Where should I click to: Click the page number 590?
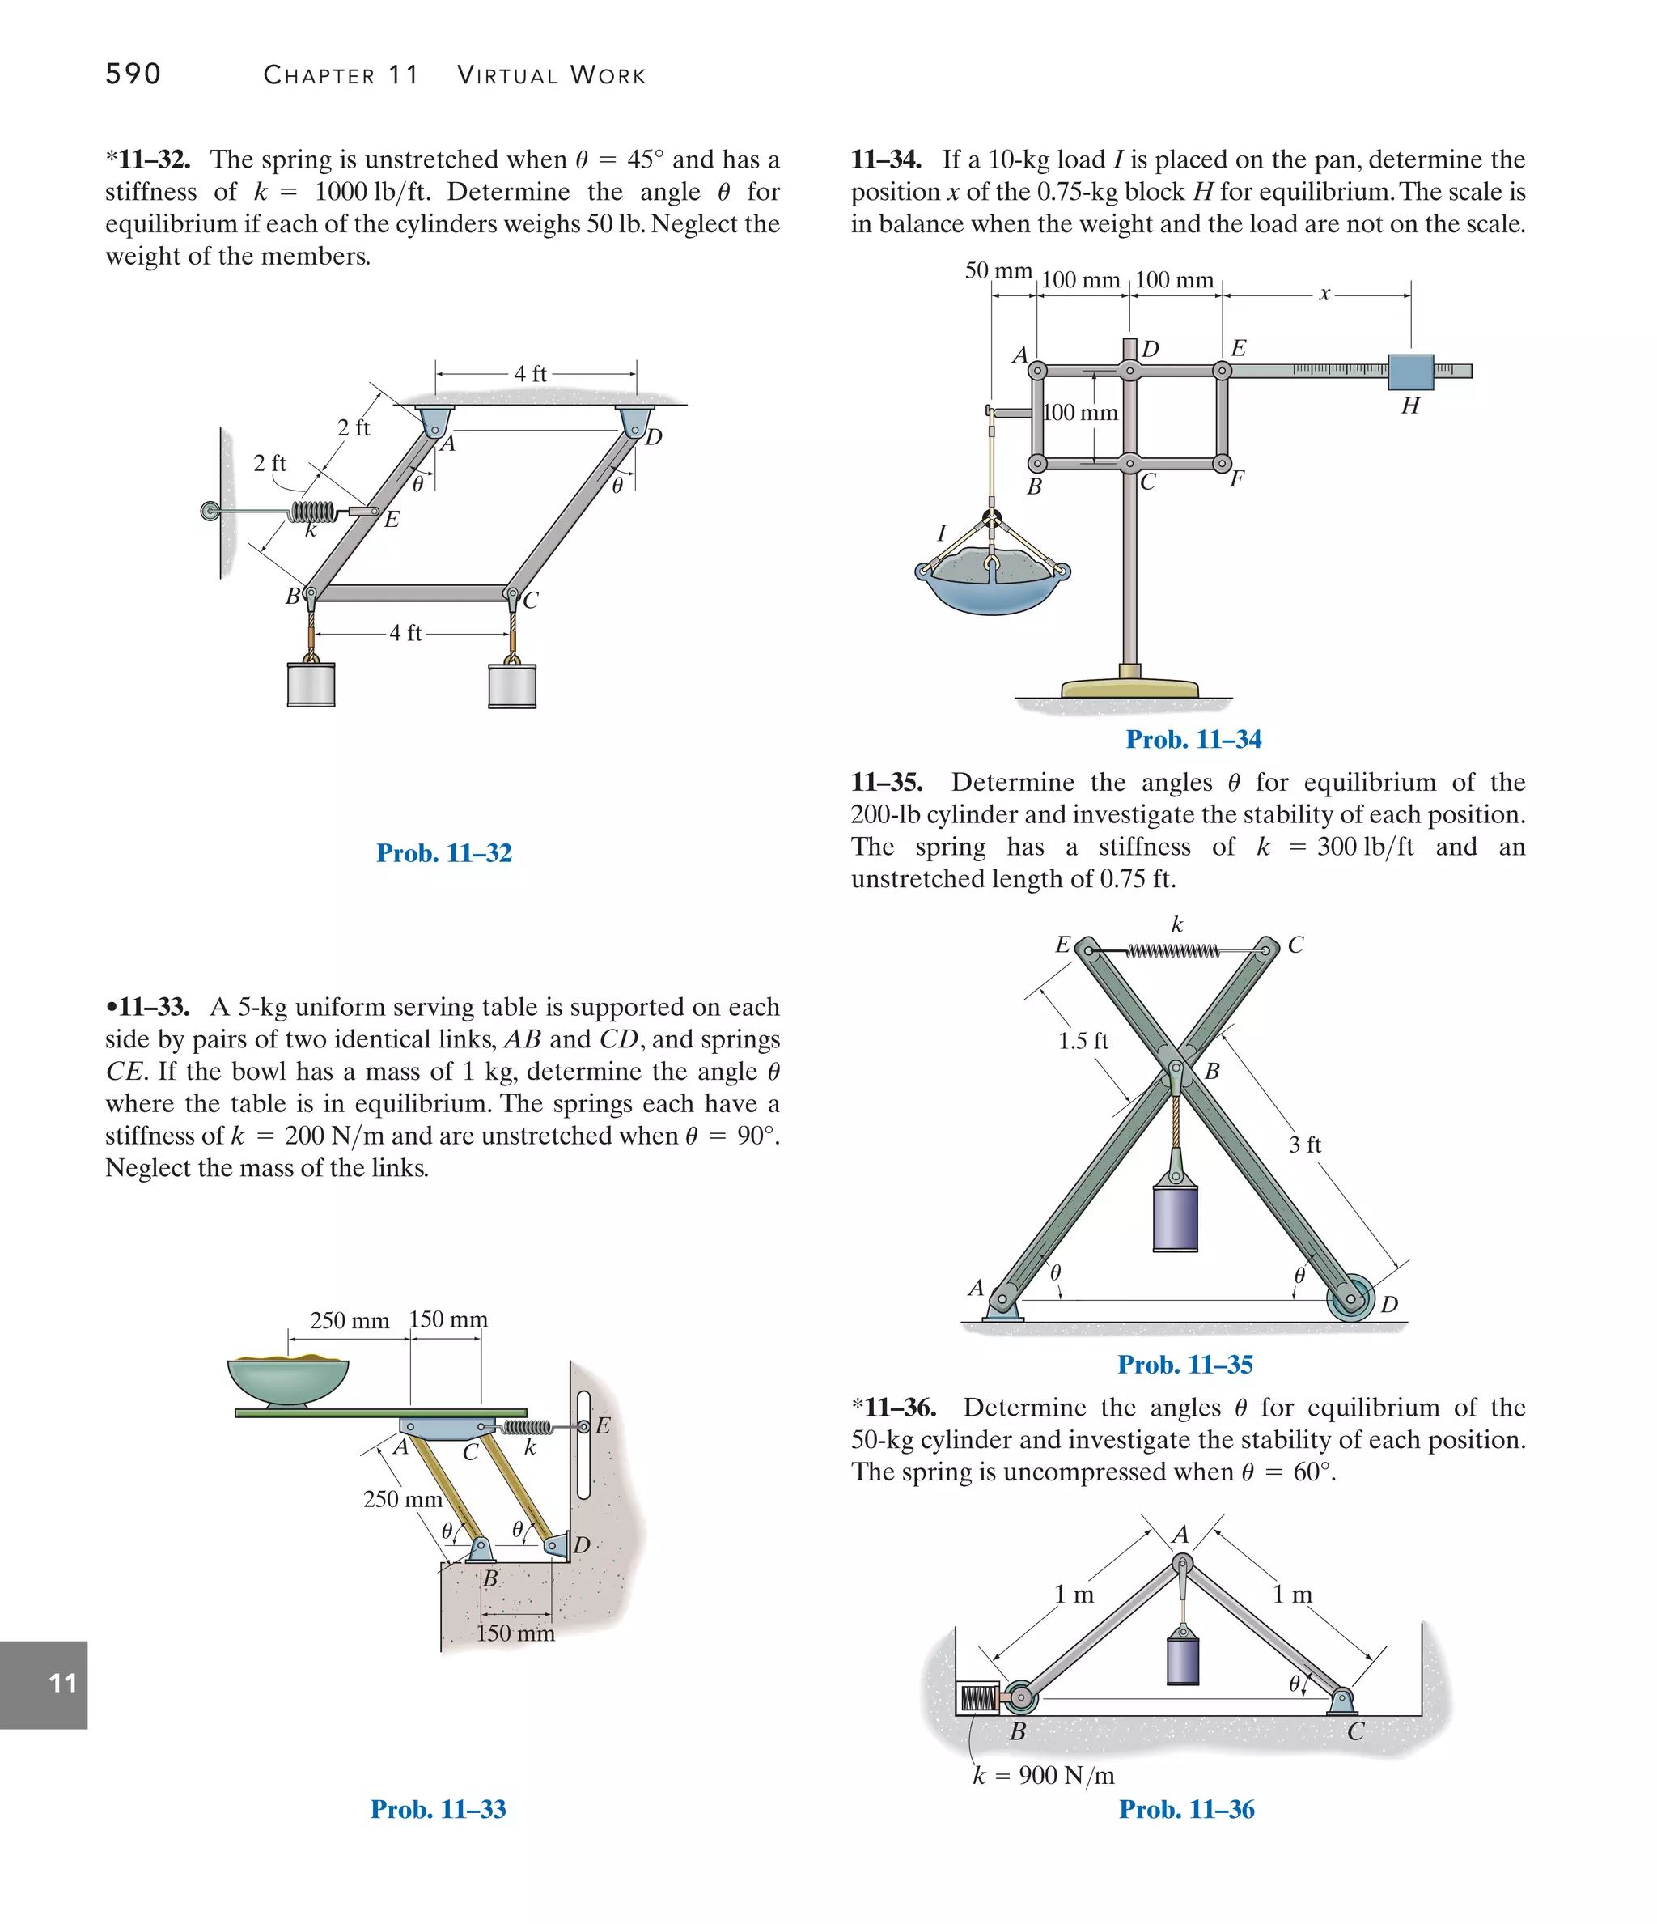coord(133,74)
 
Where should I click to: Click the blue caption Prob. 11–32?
coord(443,852)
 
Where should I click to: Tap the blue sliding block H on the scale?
coord(1410,372)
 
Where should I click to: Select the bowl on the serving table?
coord(289,1381)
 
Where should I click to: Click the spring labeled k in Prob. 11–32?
coord(312,511)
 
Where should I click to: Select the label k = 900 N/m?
coord(1044,1775)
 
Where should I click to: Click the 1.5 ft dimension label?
coord(1083,1041)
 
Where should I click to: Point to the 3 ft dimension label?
coord(1304,1145)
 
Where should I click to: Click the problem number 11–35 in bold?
coord(887,782)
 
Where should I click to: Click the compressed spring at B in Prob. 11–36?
coord(977,1698)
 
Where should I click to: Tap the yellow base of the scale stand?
coord(1129,688)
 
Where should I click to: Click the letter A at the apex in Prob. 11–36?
coord(1180,1535)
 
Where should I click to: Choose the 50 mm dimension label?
coord(998,270)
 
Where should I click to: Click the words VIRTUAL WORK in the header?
coord(552,75)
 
